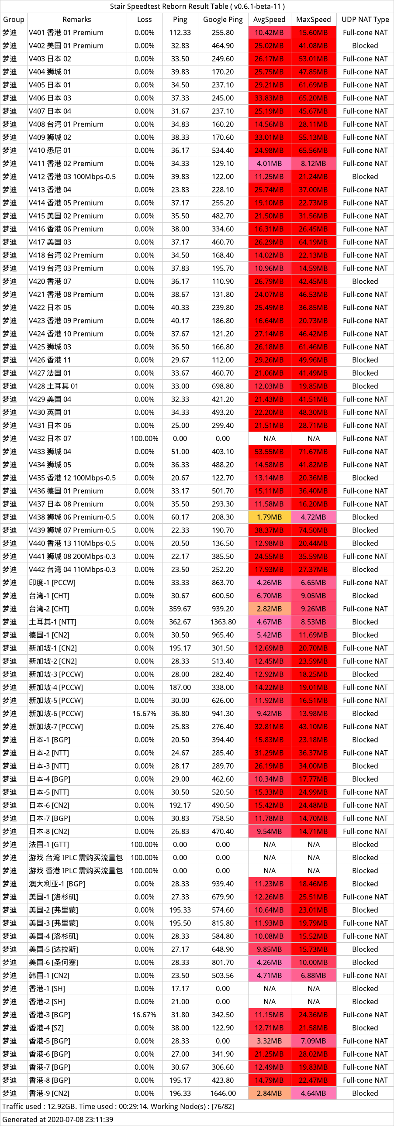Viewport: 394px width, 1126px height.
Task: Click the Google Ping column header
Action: tap(223, 19)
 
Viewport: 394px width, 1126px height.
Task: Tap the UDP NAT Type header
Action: tap(365, 19)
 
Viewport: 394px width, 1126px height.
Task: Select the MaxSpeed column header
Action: tap(314, 19)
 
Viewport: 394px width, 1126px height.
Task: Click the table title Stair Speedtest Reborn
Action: tap(169, 6)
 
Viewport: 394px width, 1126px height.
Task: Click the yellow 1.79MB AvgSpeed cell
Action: tap(270, 517)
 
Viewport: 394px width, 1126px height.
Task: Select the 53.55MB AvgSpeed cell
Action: tap(270, 452)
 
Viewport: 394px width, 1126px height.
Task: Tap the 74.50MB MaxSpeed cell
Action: tap(314, 530)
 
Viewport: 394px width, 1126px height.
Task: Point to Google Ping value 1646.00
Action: tap(223, 1093)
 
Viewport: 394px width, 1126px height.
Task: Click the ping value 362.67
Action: tap(180, 621)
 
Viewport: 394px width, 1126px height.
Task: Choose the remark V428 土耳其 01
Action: tap(53, 386)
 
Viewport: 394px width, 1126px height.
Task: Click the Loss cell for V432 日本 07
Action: tap(144, 439)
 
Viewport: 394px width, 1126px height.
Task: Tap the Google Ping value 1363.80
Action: tap(223, 621)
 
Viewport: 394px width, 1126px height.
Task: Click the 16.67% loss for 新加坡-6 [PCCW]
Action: tap(144, 714)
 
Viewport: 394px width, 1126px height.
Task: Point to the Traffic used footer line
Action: tap(118, 1106)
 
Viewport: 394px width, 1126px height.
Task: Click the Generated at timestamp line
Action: tap(58, 1119)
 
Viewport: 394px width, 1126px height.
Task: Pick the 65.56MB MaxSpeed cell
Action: tap(314, 151)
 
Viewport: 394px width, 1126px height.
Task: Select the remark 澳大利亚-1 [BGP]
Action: tap(57, 884)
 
